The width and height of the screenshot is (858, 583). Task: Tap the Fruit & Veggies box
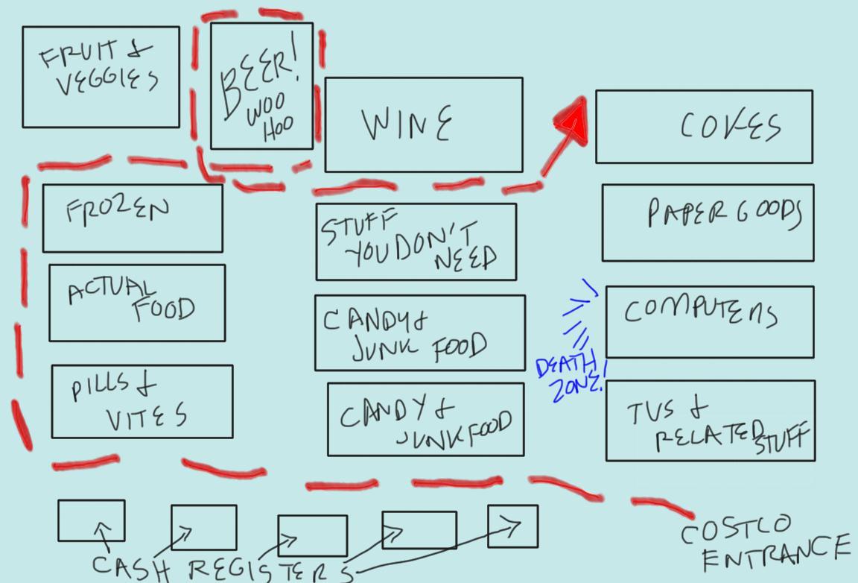click(x=101, y=77)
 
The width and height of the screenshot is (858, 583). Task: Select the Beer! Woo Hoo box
click(x=261, y=86)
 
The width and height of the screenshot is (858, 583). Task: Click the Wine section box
click(x=423, y=125)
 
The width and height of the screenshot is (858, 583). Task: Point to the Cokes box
click(x=704, y=126)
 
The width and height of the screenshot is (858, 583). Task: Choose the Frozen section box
click(x=132, y=218)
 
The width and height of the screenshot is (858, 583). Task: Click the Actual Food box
click(x=137, y=302)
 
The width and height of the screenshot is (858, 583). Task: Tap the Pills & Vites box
click(x=142, y=401)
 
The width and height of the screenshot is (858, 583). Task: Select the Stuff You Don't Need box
click(x=416, y=242)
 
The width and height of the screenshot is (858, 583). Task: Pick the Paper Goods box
click(x=708, y=222)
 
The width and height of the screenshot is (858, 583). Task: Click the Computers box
click(x=709, y=321)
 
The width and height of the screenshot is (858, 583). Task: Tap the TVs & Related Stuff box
click(x=710, y=420)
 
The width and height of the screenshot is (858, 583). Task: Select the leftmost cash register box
click(x=91, y=520)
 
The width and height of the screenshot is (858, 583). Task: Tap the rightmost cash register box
click(x=512, y=526)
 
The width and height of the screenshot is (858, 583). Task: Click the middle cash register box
click(x=312, y=535)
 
